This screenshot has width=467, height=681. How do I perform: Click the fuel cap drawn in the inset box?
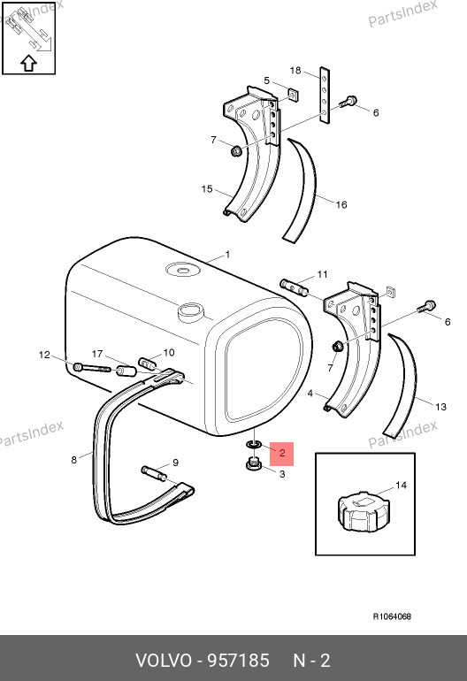364,511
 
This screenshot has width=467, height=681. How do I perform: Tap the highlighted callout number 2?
282,454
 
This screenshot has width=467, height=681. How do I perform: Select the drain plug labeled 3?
253,464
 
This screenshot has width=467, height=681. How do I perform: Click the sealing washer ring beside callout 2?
253,444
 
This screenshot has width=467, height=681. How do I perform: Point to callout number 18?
295,71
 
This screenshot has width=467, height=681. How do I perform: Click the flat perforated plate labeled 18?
325,96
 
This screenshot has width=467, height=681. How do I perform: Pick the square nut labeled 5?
293,95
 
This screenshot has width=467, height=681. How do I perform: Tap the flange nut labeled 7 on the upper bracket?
236,151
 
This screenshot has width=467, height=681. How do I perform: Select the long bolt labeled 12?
92,368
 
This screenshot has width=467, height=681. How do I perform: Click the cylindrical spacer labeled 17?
125,371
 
